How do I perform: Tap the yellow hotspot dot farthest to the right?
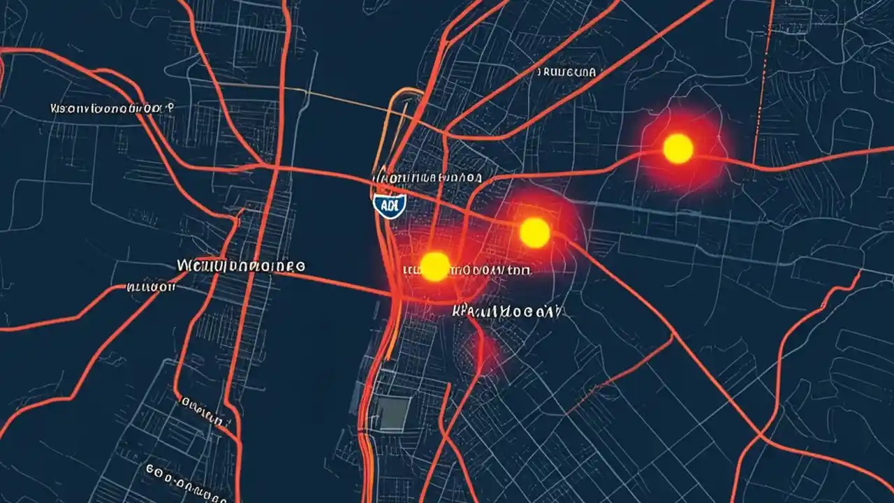(677, 149)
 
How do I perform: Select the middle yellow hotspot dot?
(535, 232)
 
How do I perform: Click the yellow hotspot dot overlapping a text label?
(435, 267)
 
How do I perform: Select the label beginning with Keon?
(112, 109)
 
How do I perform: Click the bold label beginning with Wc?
(241, 266)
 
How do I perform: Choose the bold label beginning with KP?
(506, 312)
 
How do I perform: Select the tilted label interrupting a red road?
(203, 412)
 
